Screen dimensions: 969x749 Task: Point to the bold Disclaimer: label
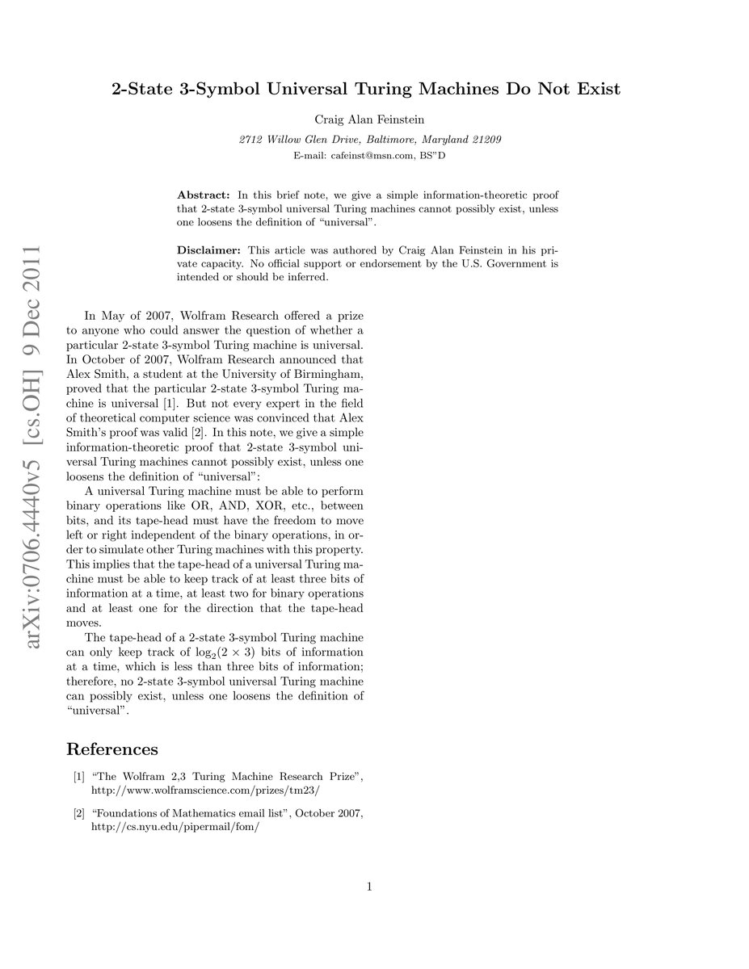coord(209,251)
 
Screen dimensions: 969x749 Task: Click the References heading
coord(112,749)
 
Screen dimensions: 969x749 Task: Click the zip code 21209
coord(483,139)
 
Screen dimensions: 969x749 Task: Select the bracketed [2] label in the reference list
coord(79,813)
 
